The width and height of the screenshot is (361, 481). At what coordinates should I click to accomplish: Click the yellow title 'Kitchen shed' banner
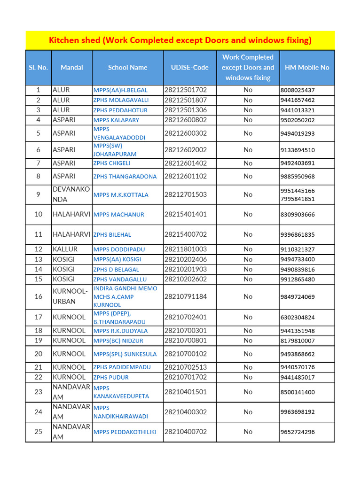(x=180, y=40)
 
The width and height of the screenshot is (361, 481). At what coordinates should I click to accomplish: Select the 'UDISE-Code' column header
(x=189, y=67)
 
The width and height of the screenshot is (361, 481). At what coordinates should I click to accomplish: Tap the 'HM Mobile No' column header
(x=307, y=67)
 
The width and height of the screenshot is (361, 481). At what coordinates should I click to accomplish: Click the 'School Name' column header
(x=127, y=67)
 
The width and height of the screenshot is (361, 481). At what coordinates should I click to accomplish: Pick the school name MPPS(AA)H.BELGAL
(x=120, y=90)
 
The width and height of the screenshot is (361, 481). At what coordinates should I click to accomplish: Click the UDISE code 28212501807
(x=186, y=100)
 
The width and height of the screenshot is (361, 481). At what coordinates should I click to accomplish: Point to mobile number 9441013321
(x=297, y=110)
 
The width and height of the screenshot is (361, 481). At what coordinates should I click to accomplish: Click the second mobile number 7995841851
(x=297, y=199)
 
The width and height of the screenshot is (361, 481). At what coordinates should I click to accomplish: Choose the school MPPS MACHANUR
(x=119, y=215)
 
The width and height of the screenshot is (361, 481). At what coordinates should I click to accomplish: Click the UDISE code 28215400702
(x=186, y=234)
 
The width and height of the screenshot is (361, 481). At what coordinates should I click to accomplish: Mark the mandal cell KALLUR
(x=65, y=249)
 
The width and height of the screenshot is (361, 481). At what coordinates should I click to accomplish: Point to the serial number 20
(x=39, y=354)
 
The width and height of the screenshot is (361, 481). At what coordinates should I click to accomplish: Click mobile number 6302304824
(x=297, y=318)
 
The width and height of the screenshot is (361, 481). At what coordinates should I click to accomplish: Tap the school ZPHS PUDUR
(x=111, y=377)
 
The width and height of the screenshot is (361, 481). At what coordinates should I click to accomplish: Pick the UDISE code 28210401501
(x=186, y=392)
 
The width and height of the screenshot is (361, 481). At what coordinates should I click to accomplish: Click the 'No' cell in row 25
(x=248, y=432)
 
